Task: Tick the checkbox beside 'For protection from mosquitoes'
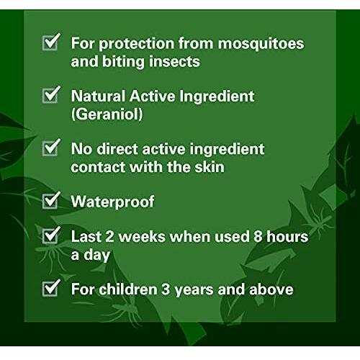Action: pos(50,43)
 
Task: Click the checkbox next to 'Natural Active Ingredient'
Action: pos(50,95)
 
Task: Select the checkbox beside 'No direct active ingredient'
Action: pos(50,148)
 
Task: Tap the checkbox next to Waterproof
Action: pos(50,201)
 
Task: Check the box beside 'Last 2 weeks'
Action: pos(50,235)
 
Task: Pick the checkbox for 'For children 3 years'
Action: pos(50,289)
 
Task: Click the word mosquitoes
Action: pos(261,44)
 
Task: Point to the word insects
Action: pos(174,62)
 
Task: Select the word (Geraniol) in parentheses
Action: pos(107,114)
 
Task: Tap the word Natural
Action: pos(98,96)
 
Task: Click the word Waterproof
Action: pos(112,202)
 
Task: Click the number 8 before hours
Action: pos(258,237)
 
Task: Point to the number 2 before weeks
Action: pos(109,237)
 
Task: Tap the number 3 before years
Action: pos(165,289)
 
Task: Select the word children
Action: pos(128,289)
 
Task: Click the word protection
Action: pos(136,45)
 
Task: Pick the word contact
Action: pos(99,167)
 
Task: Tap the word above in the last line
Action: pos(271,289)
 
